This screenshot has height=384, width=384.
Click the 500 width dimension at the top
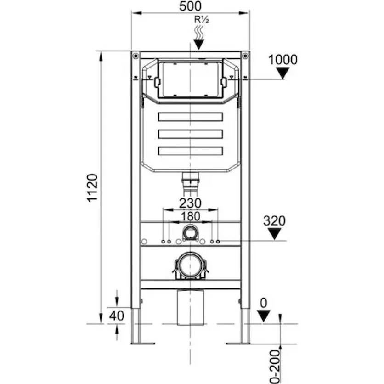(190, 6)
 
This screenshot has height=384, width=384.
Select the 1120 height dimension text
(93, 188)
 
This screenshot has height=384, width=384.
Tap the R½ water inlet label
(202, 19)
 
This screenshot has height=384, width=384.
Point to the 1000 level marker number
(283, 60)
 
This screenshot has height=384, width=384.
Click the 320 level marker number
(274, 221)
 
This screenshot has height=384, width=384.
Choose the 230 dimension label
(190, 203)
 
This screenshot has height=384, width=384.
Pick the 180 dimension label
(190, 216)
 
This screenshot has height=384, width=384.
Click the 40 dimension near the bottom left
(117, 316)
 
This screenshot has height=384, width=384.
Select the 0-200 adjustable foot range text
(275, 367)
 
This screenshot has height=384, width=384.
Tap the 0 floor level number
(264, 303)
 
